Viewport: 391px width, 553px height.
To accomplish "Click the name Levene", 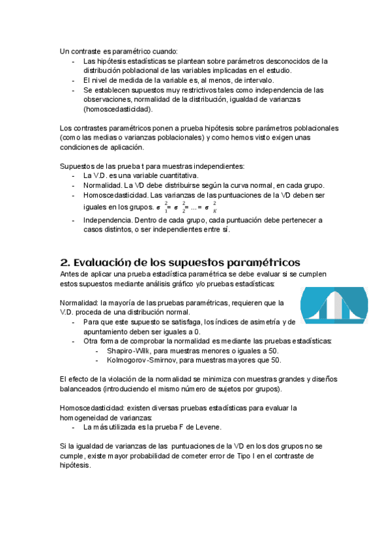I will [x=206, y=427].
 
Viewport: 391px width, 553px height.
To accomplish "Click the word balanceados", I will [x=79, y=389].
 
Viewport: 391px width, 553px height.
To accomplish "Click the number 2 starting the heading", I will [x=65, y=262].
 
